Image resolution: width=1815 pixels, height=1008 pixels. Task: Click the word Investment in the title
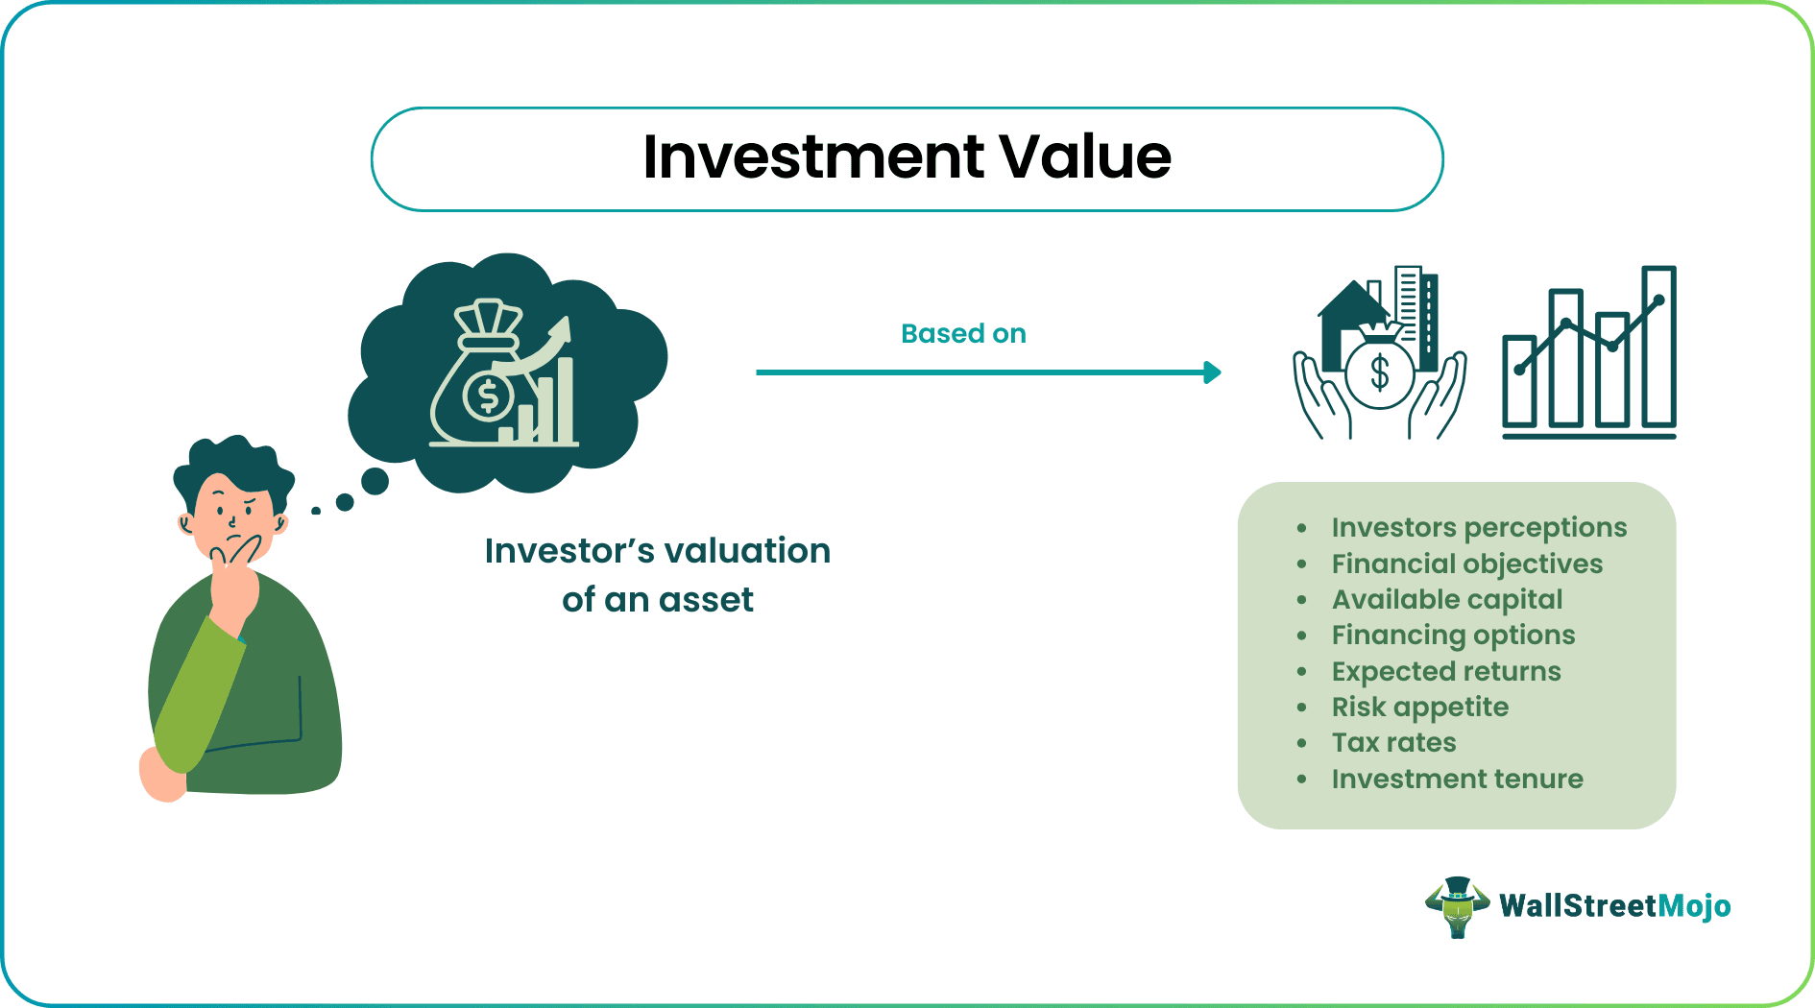pyautogui.click(x=813, y=156)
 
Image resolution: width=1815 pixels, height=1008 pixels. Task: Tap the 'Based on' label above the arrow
pyautogui.click(x=963, y=333)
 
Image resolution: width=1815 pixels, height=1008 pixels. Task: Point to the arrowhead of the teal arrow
pyautogui.click(x=1213, y=372)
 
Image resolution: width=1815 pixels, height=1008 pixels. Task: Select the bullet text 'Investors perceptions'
pyautogui.click(x=1479, y=527)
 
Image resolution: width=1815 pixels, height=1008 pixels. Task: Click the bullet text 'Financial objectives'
pyautogui.click(x=1466, y=564)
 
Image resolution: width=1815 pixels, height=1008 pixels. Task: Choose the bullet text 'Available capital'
pyautogui.click(x=1446, y=599)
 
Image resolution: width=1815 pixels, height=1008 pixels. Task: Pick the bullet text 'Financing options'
pyautogui.click(x=1452, y=635)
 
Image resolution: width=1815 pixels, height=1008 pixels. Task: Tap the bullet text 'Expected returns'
pyautogui.click(x=1445, y=671)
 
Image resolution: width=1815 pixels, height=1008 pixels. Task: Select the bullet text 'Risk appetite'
pyautogui.click(x=1419, y=707)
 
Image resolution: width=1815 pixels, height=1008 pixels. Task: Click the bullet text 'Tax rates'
pyautogui.click(x=1393, y=742)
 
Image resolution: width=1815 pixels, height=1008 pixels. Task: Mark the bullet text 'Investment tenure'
pyautogui.click(x=1457, y=779)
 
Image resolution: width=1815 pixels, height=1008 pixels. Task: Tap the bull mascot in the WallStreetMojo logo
pyautogui.click(x=1457, y=906)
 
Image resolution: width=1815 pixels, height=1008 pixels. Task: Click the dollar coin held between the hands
pyautogui.click(x=1379, y=372)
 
